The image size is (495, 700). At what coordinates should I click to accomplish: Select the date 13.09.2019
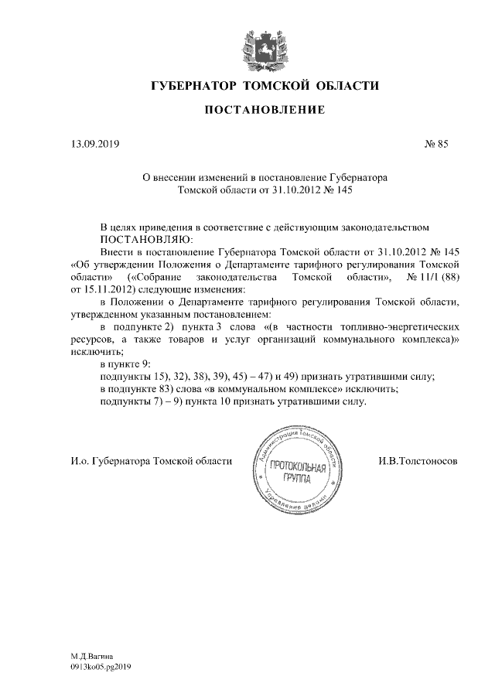(84, 144)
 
